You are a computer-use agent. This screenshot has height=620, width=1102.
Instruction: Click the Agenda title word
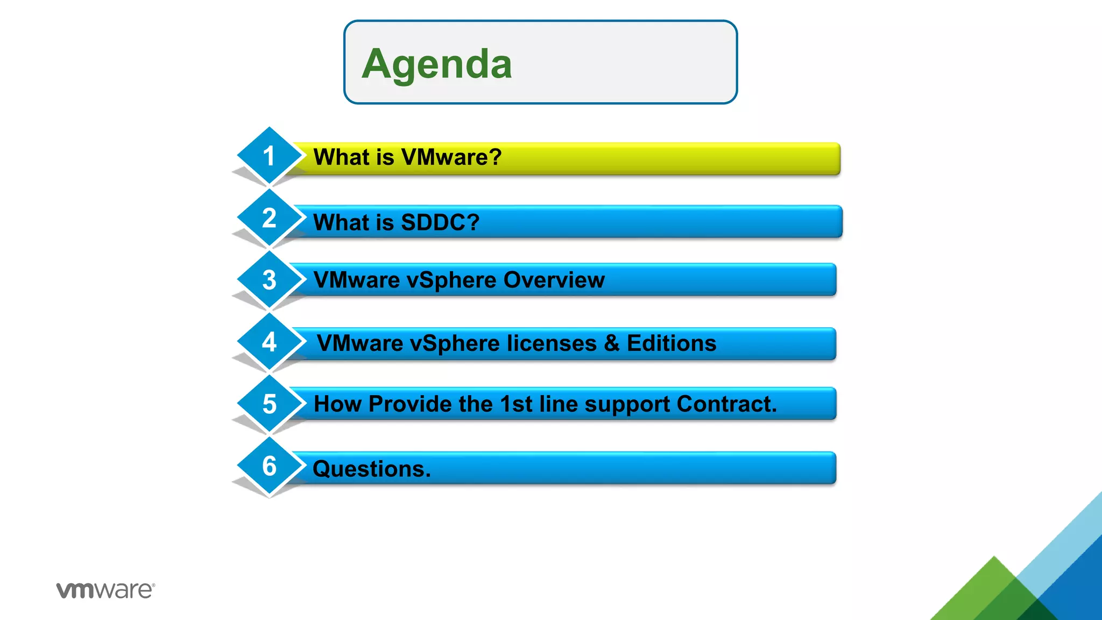point(436,64)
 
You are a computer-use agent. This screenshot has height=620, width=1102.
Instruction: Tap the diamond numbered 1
point(269,156)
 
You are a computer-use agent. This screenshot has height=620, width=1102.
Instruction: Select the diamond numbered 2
point(269,218)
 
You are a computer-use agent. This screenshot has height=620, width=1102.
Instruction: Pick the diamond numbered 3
point(269,280)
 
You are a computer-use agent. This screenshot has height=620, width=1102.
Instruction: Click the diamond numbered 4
point(269,342)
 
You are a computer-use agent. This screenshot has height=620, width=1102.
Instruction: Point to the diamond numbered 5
point(269,404)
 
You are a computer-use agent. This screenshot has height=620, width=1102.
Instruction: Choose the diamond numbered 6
point(269,466)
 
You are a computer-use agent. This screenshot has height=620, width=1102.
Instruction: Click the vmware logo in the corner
point(105,590)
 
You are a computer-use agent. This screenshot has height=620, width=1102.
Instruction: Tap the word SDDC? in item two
point(440,222)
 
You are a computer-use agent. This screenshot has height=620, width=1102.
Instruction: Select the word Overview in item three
point(554,280)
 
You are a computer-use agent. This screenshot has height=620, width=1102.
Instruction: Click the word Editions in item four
point(672,343)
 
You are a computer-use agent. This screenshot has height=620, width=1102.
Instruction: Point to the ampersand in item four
point(612,343)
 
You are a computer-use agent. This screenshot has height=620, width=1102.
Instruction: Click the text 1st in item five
point(516,404)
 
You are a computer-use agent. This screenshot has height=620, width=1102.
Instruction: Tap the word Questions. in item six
point(372,469)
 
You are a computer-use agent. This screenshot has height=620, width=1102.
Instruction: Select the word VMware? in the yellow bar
point(451,157)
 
